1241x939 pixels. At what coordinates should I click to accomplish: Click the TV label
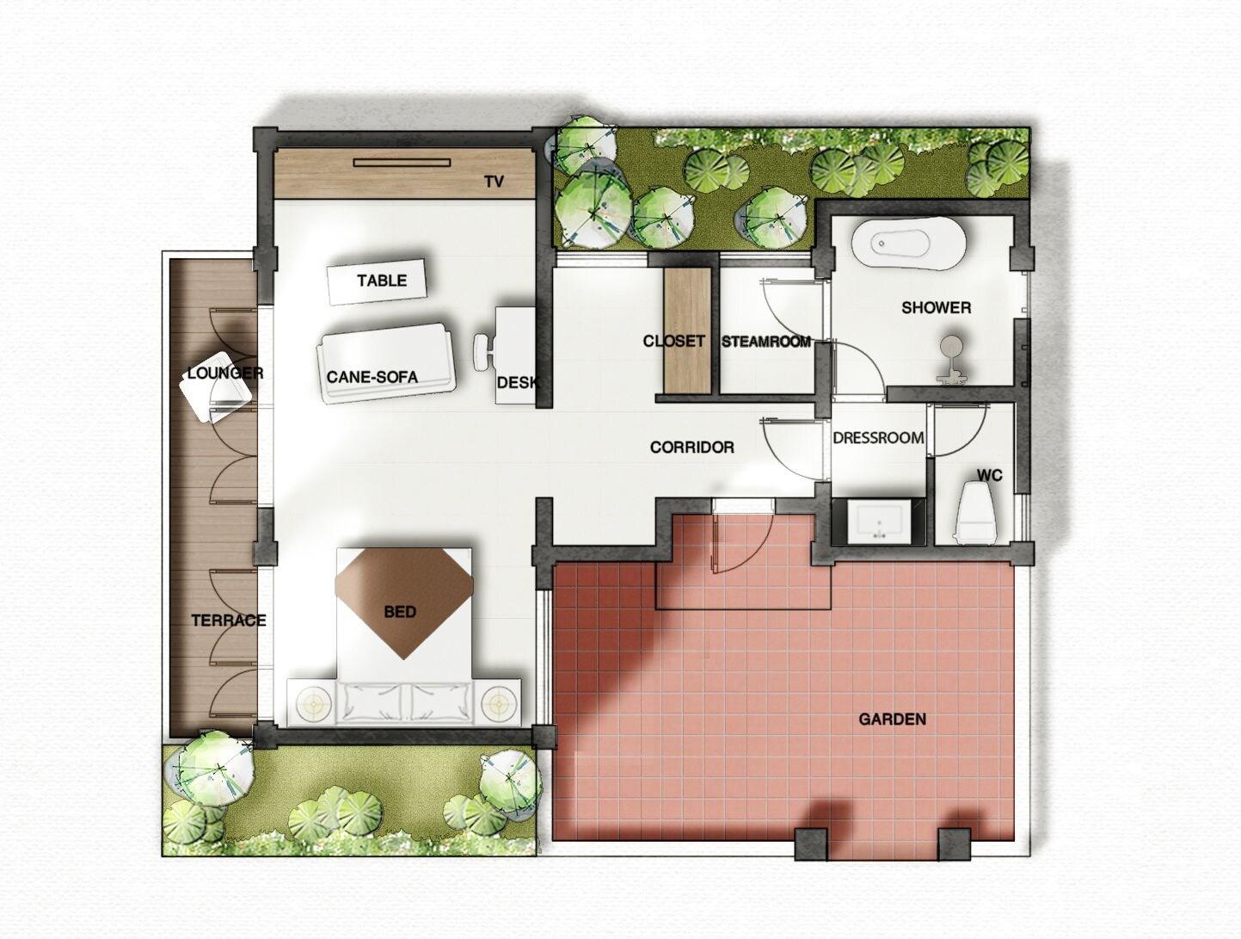click(493, 182)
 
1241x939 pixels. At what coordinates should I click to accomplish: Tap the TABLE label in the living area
click(381, 281)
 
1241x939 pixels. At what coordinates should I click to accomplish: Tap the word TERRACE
click(228, 621)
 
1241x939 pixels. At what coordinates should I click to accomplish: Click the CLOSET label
click(673, 341)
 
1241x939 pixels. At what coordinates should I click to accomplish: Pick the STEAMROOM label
click(765, 342)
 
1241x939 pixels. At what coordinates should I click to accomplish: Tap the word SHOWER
click(936, 307)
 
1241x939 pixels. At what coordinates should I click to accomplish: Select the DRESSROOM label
click(878, 437)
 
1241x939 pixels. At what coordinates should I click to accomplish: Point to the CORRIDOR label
click(691, 448)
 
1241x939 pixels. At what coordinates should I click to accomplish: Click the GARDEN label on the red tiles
click(892, 719)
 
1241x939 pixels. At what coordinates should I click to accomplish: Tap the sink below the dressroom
click(878, 522)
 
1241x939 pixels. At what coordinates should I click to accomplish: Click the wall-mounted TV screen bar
click(402, 161)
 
